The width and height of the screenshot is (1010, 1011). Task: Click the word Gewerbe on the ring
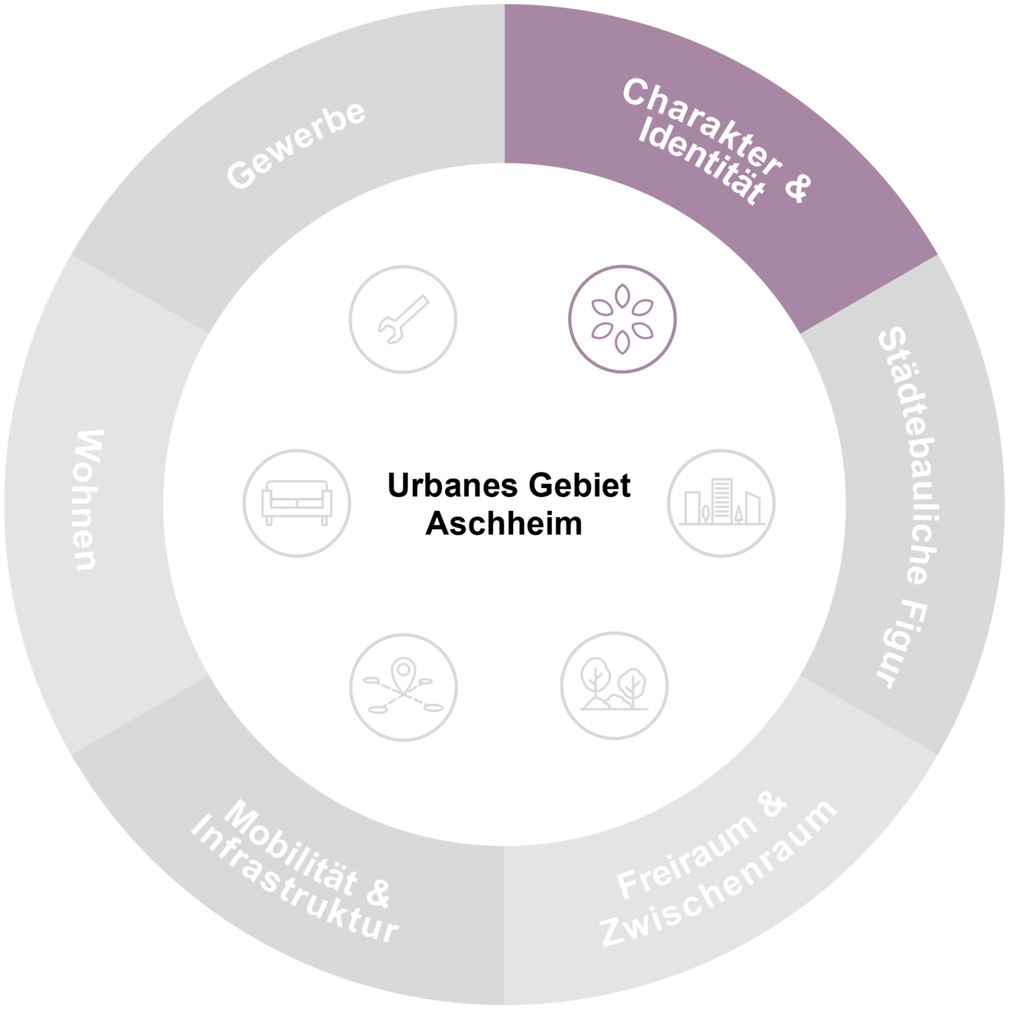[295, 146]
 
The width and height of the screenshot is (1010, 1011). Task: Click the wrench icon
[403, 320]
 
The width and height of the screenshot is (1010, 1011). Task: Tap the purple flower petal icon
[622, 318]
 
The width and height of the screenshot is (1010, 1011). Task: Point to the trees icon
[614, 685]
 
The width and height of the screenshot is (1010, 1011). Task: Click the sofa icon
[297, 503]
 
